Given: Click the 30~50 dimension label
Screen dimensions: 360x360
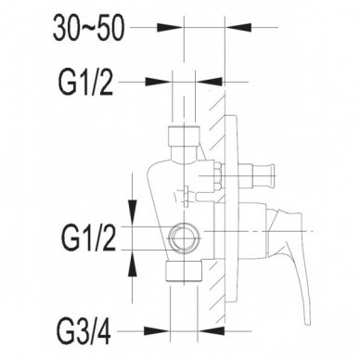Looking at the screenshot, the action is [x=89, y=29].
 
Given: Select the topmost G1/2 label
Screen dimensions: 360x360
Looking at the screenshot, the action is [x=85, y=83].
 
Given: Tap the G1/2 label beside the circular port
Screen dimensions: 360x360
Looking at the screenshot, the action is [x=89, y=238].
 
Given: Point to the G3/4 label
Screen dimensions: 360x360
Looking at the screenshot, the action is [x=84, y=331].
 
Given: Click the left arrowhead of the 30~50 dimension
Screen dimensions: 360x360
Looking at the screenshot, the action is [x=170, y=27].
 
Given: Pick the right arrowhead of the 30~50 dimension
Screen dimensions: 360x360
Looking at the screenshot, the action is [x=239, y=27].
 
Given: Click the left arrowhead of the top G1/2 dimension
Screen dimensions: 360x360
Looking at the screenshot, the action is [x=159, y=82].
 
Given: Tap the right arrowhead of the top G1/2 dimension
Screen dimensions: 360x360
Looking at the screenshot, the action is [x=210, y=82].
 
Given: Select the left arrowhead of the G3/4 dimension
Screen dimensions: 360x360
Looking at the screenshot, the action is [x=157, y=331].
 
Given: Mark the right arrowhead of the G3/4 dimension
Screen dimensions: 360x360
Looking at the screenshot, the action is [x=212, y=331].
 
